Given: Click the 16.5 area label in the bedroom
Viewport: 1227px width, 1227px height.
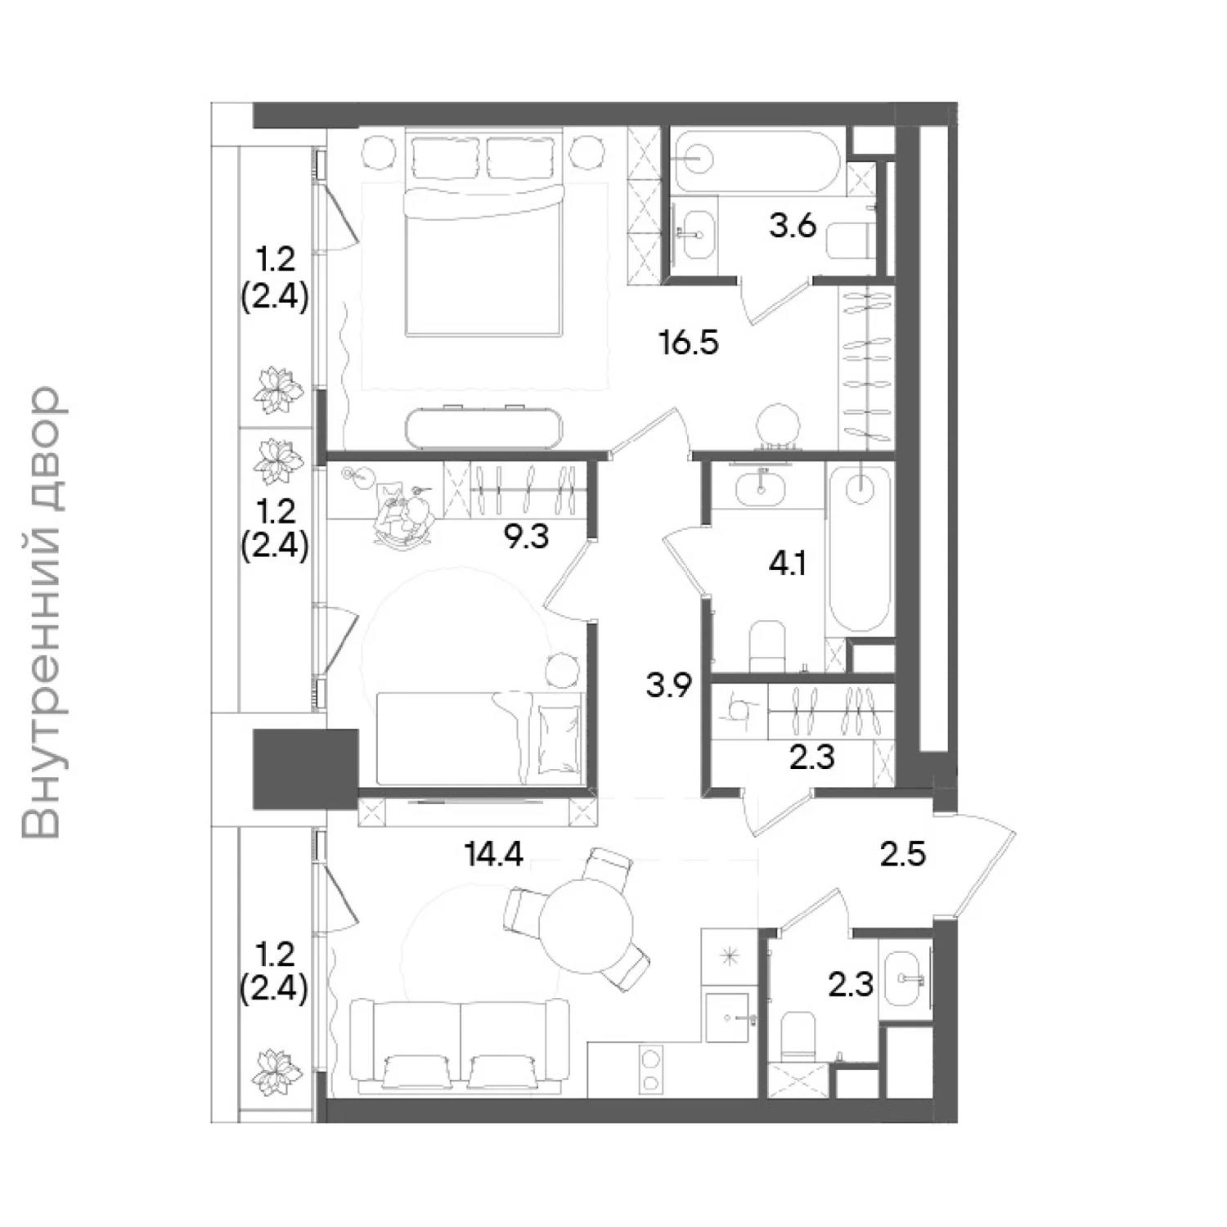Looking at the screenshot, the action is point(689,342).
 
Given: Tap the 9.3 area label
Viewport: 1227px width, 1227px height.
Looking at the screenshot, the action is point(525,537).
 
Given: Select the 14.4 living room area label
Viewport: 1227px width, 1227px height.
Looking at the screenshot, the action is point(493,854).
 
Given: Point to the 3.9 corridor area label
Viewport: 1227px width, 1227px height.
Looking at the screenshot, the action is point(669,685).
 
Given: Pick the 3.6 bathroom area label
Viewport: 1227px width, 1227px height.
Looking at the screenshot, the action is point(793,225).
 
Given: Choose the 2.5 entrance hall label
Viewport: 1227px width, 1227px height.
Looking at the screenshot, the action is point(903,854).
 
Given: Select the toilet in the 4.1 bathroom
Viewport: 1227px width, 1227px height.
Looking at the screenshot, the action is point(767,646).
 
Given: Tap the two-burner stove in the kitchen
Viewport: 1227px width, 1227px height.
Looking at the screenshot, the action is point(651,1072).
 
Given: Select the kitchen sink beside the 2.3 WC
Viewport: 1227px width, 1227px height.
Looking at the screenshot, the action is point(727,1018).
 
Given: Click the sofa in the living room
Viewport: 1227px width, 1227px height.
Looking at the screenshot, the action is point(460,1045).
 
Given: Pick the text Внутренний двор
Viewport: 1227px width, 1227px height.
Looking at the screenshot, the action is point(43,613).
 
